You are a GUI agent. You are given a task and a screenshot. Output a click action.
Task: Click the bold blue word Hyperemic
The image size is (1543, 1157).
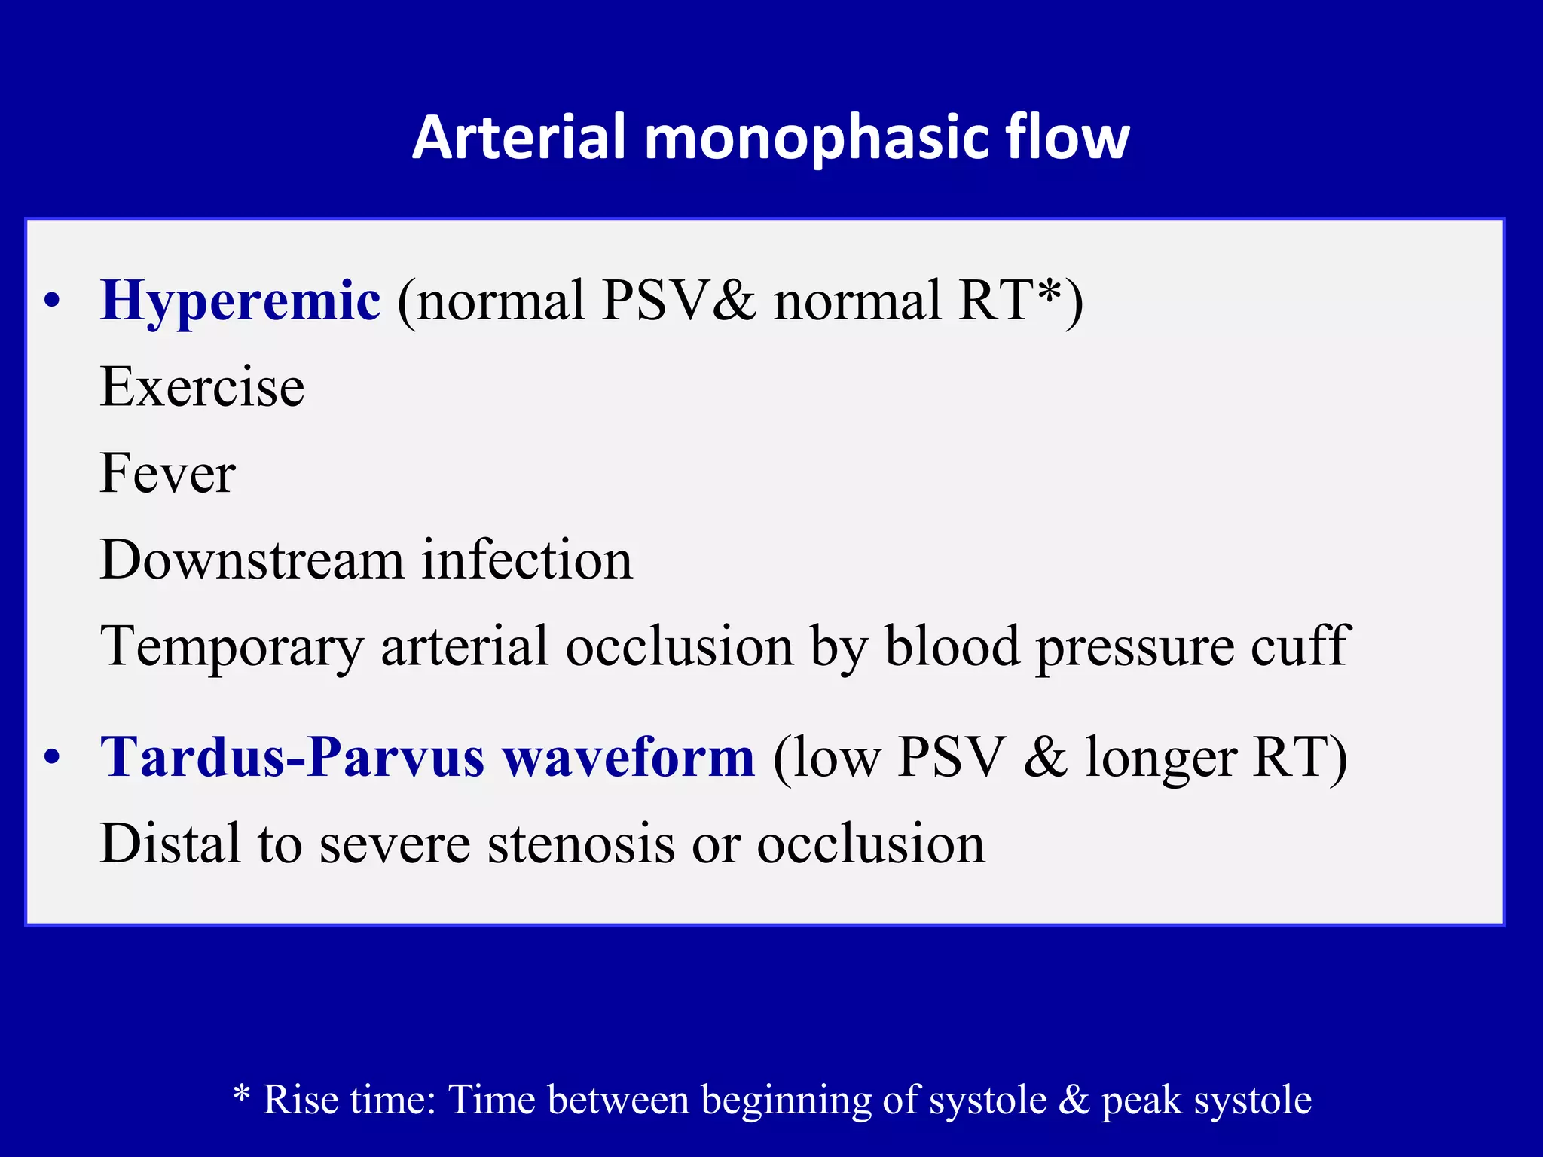click(240, 301)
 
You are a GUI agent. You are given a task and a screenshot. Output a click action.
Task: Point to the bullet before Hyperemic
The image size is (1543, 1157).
click(51, 302)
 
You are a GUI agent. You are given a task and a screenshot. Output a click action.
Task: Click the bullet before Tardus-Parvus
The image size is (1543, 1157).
click(51, 758)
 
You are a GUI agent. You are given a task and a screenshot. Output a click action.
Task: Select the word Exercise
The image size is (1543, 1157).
click(202, 387)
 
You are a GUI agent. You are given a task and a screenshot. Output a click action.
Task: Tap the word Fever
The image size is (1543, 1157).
click(167, 474)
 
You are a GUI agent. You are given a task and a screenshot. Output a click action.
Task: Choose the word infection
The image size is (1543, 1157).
click(527, 560)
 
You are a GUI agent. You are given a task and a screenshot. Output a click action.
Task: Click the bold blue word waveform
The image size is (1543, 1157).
click(629, 757)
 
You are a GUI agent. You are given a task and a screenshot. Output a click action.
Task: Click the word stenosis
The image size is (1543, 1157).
click(581, 844)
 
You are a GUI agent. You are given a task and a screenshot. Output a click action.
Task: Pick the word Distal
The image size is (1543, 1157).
click(170, 844)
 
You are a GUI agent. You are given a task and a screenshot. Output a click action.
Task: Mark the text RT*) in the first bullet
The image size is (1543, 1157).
click(1021, 301)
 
